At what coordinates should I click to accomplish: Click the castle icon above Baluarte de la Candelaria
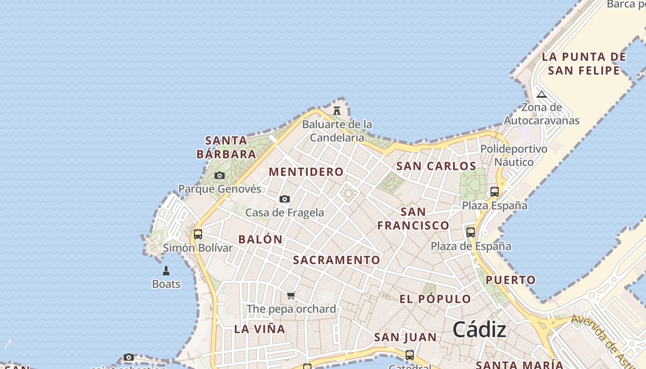click(337, 111)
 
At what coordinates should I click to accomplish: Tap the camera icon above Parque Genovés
click(220, 175)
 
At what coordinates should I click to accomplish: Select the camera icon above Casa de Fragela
click(285, 199)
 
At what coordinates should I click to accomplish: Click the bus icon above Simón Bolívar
click(198, 234)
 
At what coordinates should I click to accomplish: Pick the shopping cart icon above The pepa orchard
click(291, 295)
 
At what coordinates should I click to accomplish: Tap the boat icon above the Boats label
click(166, 271)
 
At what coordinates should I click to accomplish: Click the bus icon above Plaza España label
click(495, 191)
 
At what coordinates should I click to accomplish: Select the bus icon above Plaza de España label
click(471, 232)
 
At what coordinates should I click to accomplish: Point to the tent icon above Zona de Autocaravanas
click(542, 95)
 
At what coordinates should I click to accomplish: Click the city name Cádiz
click(479, 329)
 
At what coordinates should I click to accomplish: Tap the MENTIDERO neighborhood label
click(306, 172)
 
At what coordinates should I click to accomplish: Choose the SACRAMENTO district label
click(337, 260)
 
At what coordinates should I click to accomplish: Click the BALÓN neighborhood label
click(260, 239)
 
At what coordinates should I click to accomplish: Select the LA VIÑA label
click(260, 329)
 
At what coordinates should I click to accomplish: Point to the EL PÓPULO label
click(435, 299)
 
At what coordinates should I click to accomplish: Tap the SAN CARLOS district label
click(437, 166)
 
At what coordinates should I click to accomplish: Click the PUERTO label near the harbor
click(511, 280)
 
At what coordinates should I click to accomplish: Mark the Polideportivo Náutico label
click(514, 155)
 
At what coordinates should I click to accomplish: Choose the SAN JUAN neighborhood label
click(406, 338)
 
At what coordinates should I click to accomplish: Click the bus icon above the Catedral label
click(409, 355)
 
